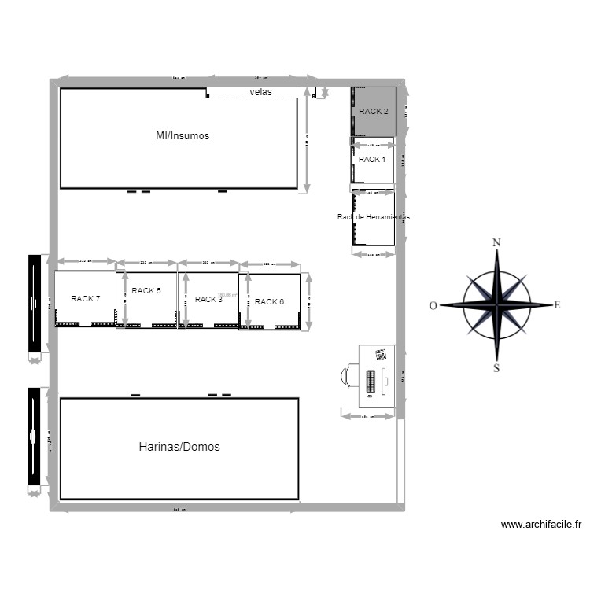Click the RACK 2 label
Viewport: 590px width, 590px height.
373,112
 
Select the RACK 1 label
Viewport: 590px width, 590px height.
372,160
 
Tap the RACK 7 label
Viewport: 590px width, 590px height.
85,299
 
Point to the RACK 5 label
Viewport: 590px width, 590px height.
146,291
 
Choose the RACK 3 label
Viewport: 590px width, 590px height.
208,300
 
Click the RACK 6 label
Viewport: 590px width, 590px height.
269,301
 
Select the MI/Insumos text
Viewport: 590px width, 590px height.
183,136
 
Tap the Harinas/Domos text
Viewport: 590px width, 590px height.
179,447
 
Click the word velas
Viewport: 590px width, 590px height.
260,93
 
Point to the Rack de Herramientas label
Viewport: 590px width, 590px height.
373,217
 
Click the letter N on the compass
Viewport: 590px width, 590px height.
496,242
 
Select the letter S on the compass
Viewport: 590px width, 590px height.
496,367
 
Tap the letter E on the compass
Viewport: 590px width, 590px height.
557,305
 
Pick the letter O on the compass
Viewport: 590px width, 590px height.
433,306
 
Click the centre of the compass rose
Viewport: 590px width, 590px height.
496,304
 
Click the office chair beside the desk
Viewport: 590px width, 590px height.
348,376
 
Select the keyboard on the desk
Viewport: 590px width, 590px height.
370,379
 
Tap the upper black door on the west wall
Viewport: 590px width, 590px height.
34,304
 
